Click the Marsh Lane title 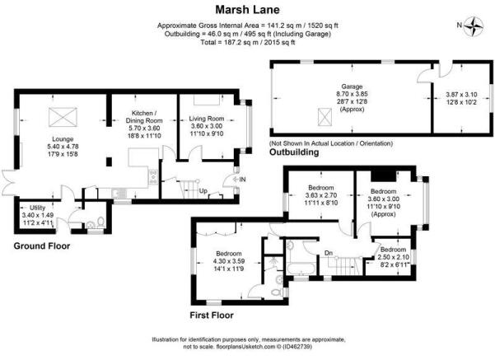click(x=247, y=10)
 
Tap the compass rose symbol click(x=474, y=26)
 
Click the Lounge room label click(x=63, y=139)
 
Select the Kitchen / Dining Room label click(x=144, y=116)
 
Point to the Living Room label click(x=207, y=119)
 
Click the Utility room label click(x=38, y=208)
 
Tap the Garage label click(x=352, y=86)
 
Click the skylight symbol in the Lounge click(x=63, y=117)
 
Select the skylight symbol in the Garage click(x=325, y=117)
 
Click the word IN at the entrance click(x=242, y=180)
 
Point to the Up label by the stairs click(x=203, y=191)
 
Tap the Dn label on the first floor click(x=329, y=253)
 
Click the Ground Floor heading click(x=42, y=246)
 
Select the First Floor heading click(x=212, y=315)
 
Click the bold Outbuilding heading click(x=294, y=152)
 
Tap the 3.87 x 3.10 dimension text click(x=461, y=94)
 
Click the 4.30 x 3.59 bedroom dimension click(x=229, y=261)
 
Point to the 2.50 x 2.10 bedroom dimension click(x=394, y=257)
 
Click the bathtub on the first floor click(x=300, y=269)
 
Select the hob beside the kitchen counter click(x=153, y=177)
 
